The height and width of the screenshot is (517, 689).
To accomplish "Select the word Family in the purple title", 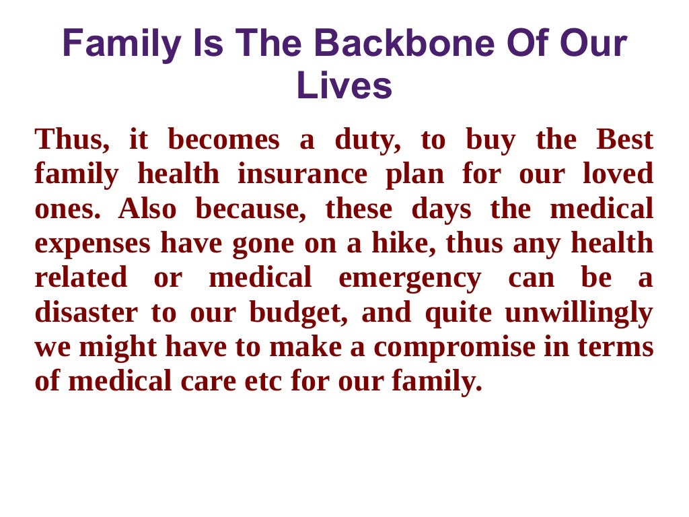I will coord(122,44).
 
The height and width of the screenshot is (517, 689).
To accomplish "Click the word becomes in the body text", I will coord(223,140).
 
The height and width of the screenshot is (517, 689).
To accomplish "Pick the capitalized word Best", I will coord(624,140).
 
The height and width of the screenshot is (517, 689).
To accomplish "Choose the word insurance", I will coord(302,174).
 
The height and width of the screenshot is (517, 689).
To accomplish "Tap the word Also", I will coord(147,209).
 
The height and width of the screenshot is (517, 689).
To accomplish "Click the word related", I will coord(81,278).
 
